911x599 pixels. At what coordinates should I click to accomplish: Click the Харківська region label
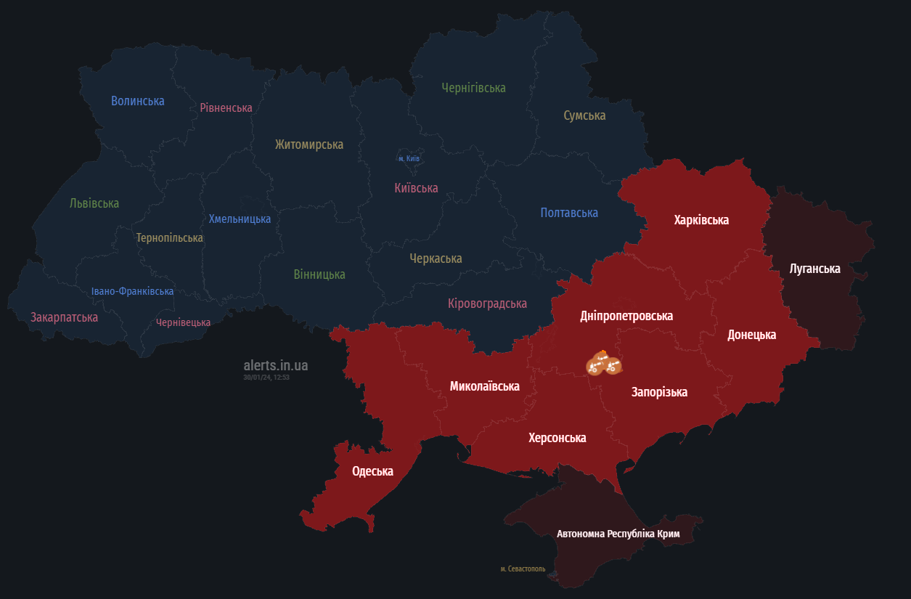pos(701,220)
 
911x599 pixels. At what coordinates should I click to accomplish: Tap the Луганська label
pos(814,269)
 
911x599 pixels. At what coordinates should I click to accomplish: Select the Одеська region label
pos(372,471)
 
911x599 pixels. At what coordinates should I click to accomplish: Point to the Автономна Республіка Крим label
pos(618,534)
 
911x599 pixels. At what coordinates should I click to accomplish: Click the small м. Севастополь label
pos(523,569)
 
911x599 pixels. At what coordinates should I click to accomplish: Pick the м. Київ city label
pos(409,158)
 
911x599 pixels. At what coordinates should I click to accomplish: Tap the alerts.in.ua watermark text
pos(276,365)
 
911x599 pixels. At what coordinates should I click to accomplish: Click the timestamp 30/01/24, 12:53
pos(266,377)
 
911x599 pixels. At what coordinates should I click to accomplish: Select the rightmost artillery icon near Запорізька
pos(614,367)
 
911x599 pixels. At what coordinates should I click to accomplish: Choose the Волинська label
pos(138,101)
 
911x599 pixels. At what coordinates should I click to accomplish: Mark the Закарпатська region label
pos(64,317)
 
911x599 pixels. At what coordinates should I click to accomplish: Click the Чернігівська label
pos(473,88)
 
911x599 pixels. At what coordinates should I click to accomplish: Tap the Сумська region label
pos(584,115)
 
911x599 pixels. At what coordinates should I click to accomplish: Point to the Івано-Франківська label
pos(132,291)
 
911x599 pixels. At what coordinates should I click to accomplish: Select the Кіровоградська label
pos(487,303)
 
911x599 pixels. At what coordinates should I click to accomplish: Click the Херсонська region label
pos(557,438)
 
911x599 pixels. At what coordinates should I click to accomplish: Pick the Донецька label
pos(751,335)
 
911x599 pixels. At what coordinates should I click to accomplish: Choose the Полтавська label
pos(569,213)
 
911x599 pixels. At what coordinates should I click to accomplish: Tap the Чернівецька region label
pos(183,322)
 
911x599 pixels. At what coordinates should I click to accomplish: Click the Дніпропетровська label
pos(626,316)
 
